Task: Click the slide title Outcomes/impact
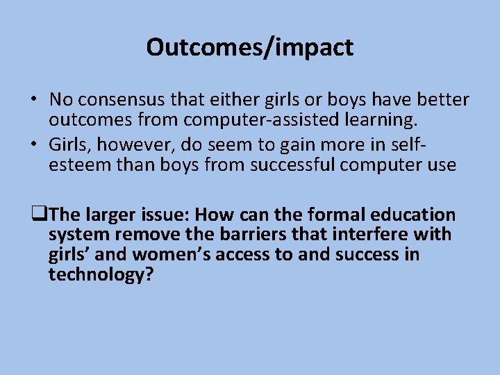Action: coord(250,47)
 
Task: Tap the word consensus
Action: coord(119,100)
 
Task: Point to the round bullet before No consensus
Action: coord(33,100)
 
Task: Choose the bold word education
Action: coord(412,215)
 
